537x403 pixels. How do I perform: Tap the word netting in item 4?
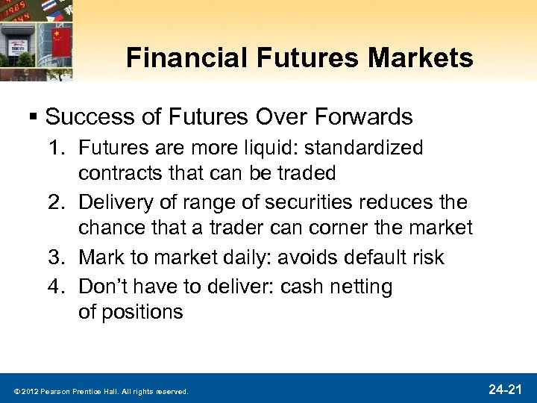(362, 285)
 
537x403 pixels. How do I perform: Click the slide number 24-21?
(507, 389)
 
